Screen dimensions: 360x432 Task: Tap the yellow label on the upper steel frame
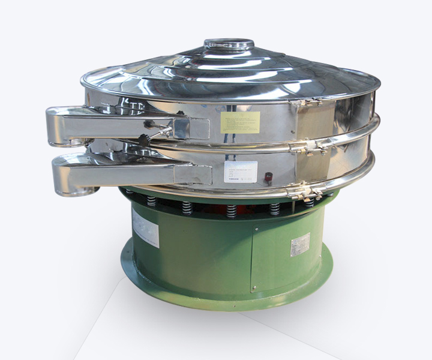point(240,122)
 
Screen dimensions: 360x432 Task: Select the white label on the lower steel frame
point(241,172)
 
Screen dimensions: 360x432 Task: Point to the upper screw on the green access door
point(256,229)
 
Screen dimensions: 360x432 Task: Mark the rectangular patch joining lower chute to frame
point(193,175)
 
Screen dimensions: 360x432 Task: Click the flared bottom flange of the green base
point(228,300)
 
